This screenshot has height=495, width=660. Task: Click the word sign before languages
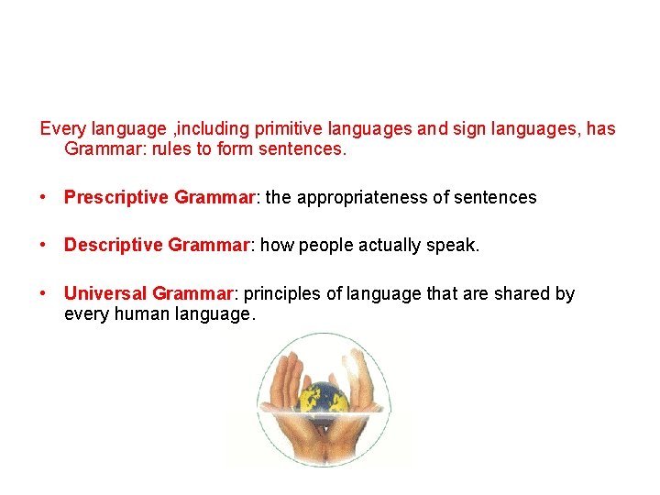tap(466, 129)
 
